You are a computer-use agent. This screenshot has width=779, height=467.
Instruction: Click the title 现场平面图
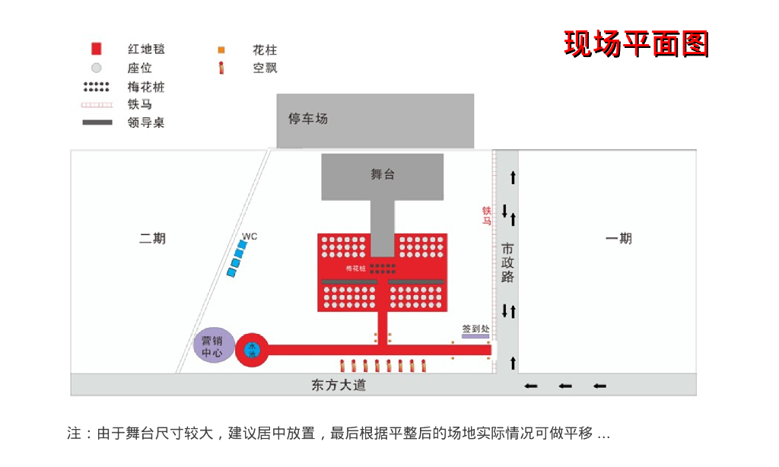636,44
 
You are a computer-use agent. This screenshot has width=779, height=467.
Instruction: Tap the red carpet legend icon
97,49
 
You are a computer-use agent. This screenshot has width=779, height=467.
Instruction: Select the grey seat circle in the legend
97,68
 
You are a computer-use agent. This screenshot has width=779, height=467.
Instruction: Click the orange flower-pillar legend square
221,50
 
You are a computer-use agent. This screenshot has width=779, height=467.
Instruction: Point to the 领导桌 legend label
146,122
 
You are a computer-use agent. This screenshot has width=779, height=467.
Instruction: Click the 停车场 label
307,119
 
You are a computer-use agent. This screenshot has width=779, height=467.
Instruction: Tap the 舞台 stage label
383,174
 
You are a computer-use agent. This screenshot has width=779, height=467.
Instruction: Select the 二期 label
152,238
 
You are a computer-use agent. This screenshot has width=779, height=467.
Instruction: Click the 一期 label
618,238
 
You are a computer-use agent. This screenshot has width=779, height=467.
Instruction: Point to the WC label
250,237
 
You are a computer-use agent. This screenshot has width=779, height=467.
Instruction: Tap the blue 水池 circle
253,350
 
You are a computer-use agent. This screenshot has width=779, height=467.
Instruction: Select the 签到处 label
475,329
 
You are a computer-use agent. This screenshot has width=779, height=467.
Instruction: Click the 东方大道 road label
339,385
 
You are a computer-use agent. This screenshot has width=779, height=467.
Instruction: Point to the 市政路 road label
507,262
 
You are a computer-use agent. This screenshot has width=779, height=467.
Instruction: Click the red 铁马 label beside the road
486,215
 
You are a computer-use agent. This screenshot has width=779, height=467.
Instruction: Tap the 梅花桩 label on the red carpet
356,268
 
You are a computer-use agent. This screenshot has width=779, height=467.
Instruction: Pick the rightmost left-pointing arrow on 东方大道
599,386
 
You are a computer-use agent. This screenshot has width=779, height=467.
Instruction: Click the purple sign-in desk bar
475,336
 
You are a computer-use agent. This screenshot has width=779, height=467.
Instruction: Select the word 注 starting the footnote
74,434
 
